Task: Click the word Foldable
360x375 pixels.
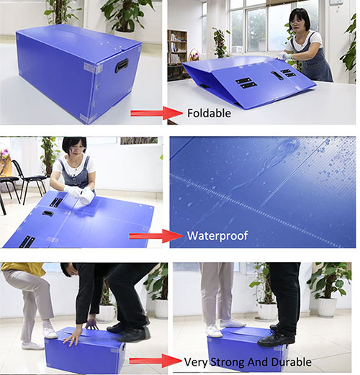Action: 209,113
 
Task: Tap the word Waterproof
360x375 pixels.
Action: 217,235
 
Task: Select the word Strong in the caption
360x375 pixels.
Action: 228,362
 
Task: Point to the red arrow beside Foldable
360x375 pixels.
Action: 157,113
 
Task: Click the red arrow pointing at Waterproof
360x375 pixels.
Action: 156,236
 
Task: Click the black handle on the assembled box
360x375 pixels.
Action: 122,65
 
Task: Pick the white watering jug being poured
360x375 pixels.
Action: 86,196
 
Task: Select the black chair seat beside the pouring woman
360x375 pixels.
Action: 35,178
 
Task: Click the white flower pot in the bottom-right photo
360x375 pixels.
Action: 328,307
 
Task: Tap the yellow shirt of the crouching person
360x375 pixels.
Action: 23,268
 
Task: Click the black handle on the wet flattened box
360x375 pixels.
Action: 48,213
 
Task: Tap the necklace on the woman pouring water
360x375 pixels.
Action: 76,166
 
